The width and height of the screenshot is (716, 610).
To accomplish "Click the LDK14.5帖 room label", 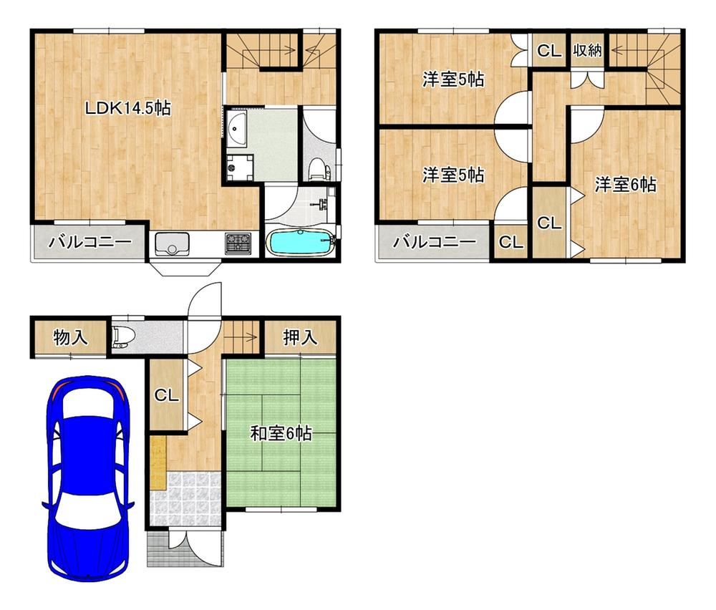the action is (128, 108).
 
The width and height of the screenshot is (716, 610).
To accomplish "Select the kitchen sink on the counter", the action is (172, 244).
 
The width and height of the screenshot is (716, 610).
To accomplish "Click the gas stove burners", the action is (238, 243).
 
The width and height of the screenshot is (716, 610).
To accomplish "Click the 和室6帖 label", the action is (281, 433).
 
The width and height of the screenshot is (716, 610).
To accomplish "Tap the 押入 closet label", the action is (300, 337).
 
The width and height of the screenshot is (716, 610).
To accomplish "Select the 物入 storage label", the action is (70, 338).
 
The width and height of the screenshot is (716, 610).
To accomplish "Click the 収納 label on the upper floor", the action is (588, 50).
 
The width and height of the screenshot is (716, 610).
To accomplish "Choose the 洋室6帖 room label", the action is (626, 185).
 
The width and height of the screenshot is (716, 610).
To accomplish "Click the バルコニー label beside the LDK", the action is (90, 242).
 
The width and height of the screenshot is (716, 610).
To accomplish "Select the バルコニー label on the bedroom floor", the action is (435, 241).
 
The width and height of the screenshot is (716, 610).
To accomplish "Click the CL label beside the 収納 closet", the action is (549, 50).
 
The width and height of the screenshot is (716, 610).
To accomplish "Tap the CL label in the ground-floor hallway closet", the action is (166, 395).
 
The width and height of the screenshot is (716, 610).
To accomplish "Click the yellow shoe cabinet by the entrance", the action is (158, 463).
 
